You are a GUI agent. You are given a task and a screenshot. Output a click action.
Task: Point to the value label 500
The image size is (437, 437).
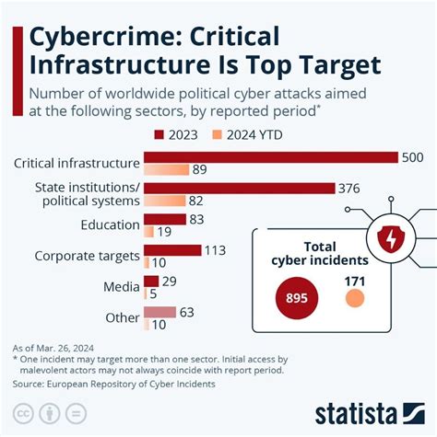tap(412, 157)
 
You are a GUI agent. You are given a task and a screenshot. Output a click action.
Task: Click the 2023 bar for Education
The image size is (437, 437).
tap(152, 219)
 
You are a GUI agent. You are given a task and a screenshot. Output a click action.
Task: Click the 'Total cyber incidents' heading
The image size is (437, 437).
tap(317, 253)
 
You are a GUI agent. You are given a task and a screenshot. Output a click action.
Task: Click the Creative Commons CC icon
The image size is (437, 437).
tap(22, 411)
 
